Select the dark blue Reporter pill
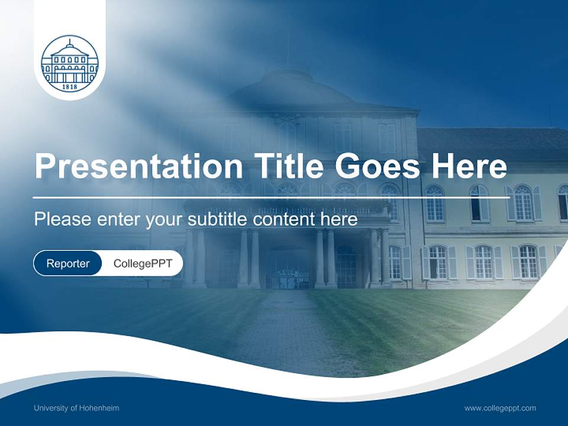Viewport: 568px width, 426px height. tap(68, 263)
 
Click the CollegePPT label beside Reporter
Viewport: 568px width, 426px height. tap(143, 263)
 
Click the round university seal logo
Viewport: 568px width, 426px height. tap(69, 64)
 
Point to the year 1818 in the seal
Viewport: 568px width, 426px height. tap(69, 86)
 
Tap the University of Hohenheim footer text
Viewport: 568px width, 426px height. tap(76, 408)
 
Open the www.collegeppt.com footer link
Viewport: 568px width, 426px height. tap(500, 408)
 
